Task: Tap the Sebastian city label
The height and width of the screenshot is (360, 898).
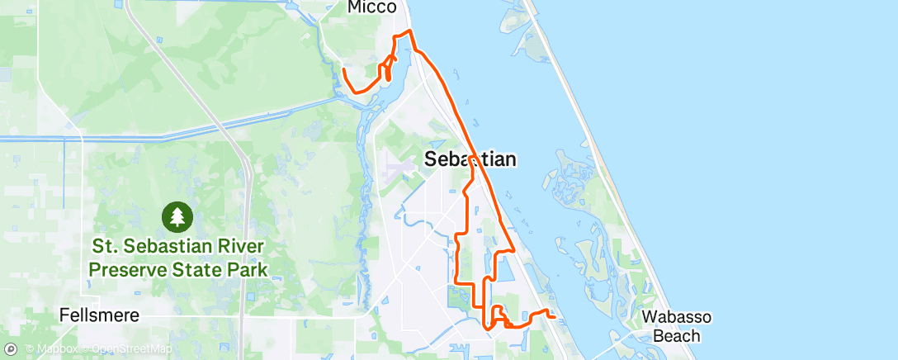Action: coord(470,159)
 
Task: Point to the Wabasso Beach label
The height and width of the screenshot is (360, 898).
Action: coord(676,326)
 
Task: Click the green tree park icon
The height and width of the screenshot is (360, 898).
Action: coord(177,218)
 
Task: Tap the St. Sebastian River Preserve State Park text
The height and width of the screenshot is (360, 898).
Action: coord(178,258)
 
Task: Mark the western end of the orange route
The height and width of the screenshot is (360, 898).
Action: coord(343,70)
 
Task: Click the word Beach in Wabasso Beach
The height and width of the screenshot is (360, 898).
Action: coord(676,336)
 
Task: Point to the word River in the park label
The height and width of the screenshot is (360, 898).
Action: coord(234,247)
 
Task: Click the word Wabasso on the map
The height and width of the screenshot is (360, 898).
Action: coord(676,317)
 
